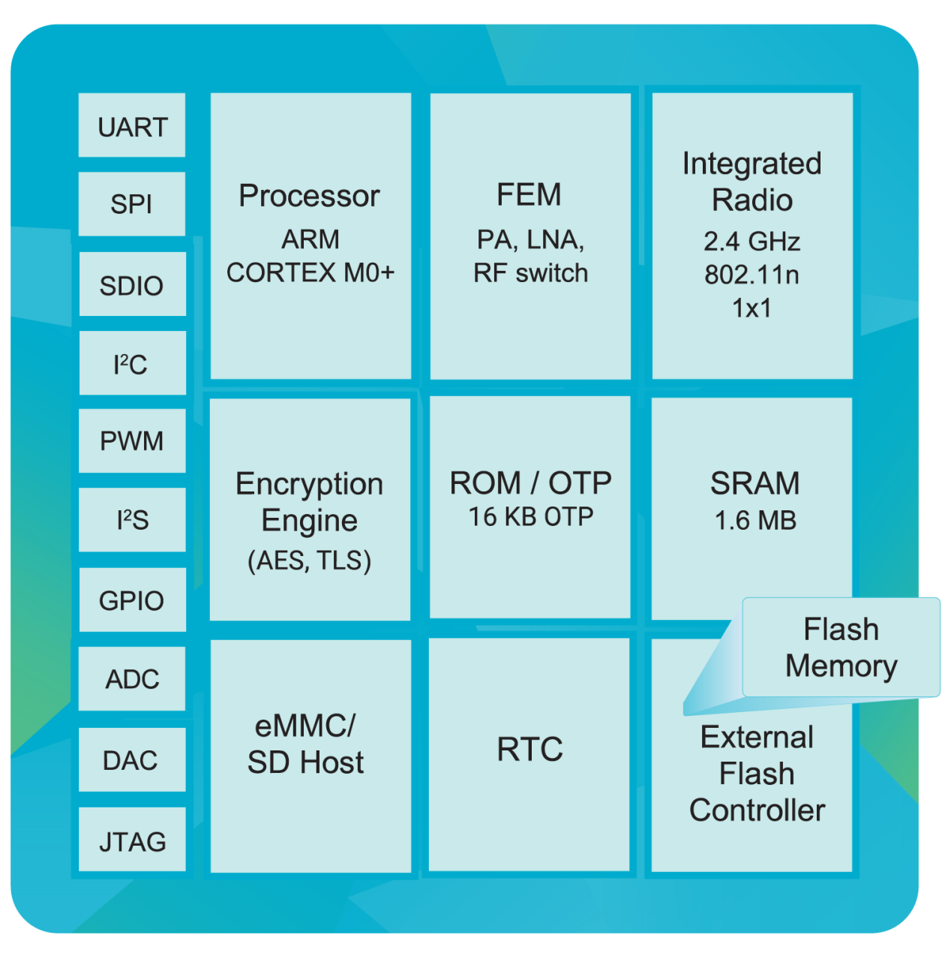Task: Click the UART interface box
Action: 132,126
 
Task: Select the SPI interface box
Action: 132,204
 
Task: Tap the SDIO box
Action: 132,284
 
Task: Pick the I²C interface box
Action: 132,364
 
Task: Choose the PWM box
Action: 132,441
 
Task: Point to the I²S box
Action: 132,520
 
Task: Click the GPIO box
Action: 132,600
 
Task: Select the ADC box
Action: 132,679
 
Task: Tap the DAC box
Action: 132,760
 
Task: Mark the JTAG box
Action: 132,841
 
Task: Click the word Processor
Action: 309,197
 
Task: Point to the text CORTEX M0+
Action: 310,272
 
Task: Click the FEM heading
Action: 529,195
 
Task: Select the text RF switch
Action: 530,273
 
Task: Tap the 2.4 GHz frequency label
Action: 751,242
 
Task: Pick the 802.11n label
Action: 751,275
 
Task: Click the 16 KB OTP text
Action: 530,517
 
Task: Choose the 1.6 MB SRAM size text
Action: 754,521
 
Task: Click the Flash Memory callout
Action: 841,648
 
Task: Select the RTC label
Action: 529,750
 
